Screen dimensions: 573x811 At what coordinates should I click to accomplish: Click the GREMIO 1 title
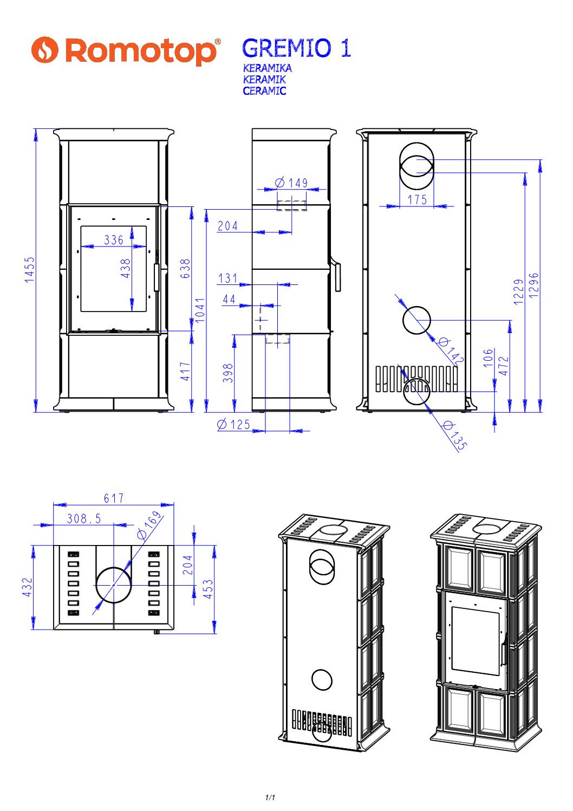[296, 48]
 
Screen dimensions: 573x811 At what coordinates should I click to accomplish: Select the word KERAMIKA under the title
[267, 68]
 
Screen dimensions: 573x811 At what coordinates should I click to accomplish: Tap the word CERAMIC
[264, 90]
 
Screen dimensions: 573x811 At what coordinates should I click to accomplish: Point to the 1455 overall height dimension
[29, 269]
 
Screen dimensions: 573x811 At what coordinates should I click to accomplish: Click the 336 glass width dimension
[114, 239]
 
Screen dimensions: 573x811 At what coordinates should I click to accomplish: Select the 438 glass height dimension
[125, 268]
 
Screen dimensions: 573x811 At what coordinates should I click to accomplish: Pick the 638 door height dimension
[185, 268]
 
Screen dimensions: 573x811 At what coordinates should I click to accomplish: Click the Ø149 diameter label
[291, 183]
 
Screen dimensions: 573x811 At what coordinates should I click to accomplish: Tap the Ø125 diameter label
[233, 424]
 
